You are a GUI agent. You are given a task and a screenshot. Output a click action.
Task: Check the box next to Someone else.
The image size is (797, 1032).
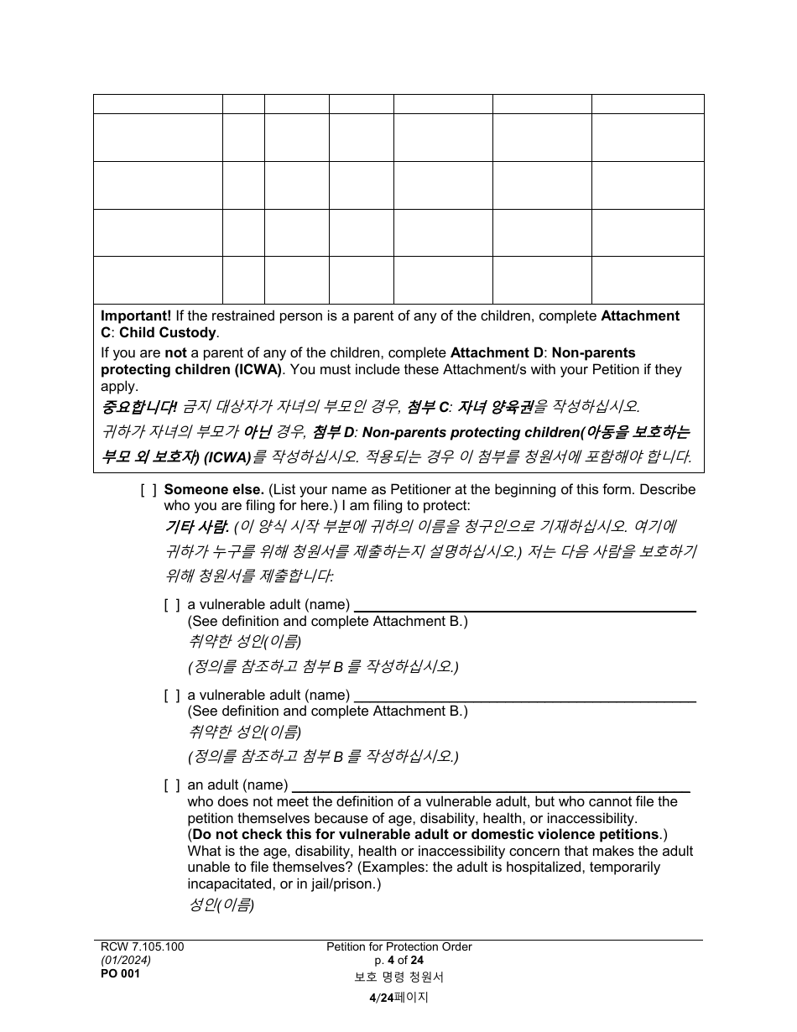pos(148,489)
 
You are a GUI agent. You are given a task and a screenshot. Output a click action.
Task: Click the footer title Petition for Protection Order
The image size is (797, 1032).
pos(398,946)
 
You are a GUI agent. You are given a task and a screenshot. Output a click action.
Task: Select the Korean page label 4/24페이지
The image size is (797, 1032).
pos(398,998)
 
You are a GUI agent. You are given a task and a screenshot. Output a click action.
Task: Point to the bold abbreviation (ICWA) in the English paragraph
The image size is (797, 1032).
pos(258,369)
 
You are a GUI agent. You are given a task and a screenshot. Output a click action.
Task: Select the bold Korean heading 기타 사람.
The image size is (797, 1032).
pos(195,527)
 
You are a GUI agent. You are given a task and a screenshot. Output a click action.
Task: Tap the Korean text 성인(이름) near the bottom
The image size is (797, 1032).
pos(221,905)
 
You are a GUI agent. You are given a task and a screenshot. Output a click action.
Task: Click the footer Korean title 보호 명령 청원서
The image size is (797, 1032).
pos(398,977)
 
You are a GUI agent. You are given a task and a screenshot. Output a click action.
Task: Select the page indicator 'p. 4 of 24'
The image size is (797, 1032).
pos(398,960)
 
